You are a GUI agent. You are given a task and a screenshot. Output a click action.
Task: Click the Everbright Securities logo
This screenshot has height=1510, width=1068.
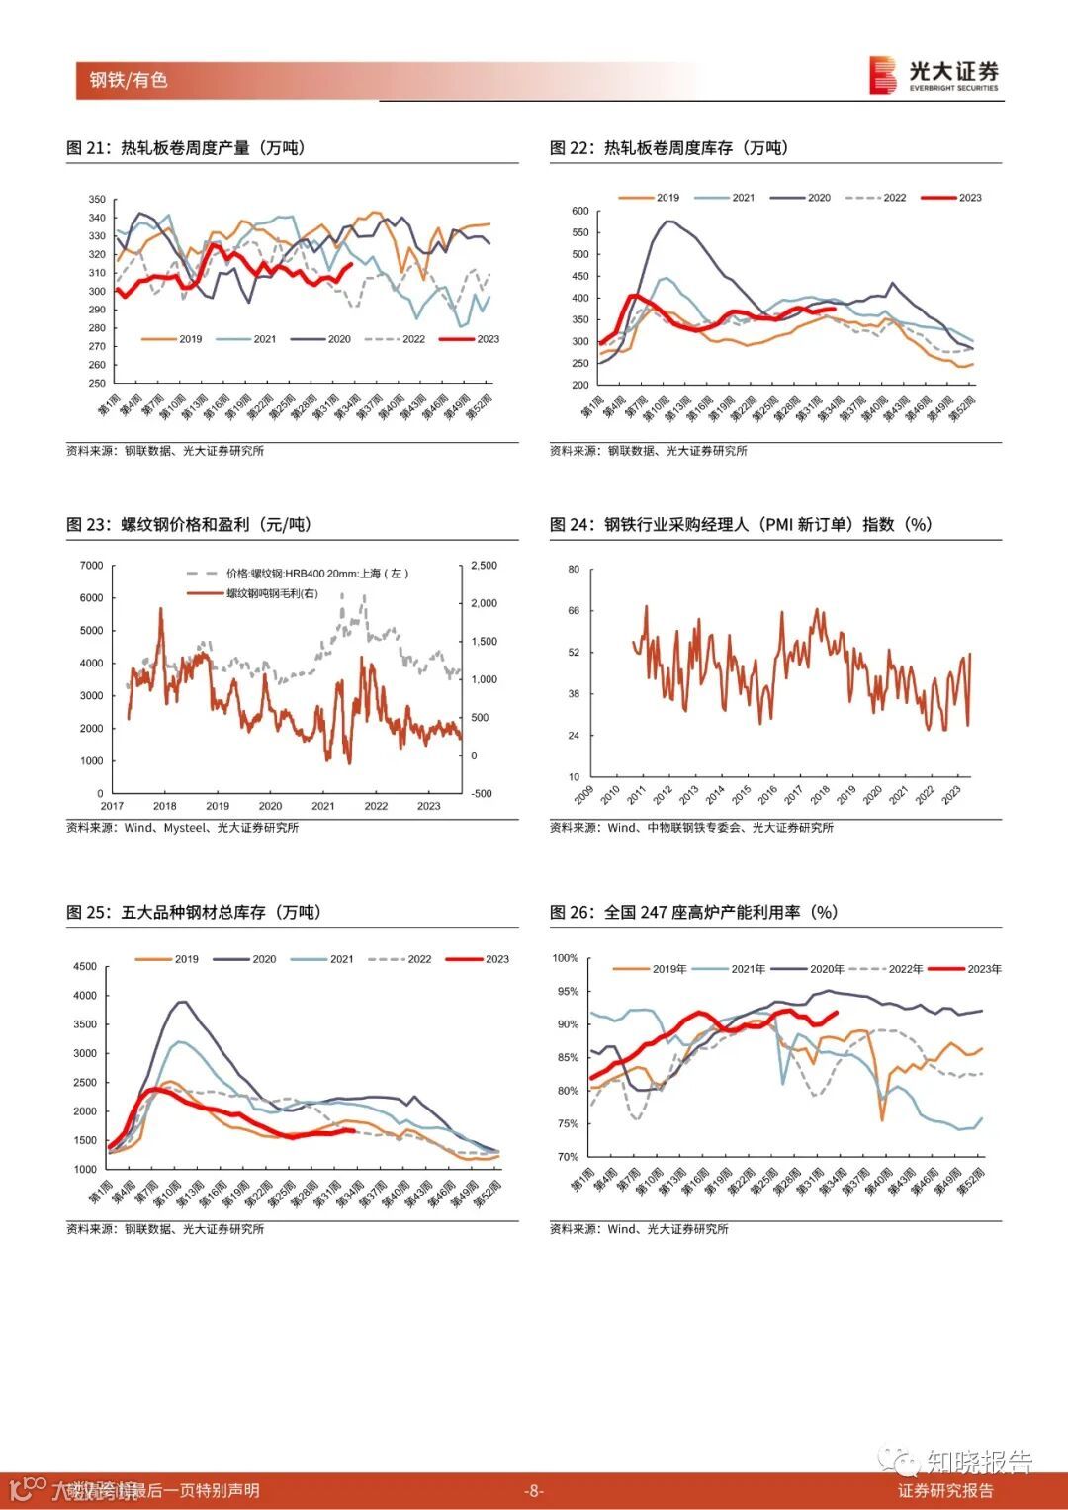[x=934, y=75]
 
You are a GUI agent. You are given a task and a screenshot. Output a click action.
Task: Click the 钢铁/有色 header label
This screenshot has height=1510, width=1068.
[x=129, y=80]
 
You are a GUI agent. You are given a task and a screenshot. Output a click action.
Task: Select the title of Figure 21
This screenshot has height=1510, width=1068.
[x=186, y=148]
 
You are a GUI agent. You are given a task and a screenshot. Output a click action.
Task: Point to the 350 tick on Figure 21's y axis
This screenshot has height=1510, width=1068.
[x=97, y=200]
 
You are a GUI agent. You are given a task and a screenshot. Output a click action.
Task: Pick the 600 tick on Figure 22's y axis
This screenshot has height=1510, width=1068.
[x=579, y=212]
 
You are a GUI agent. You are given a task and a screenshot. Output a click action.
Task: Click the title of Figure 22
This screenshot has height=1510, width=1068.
[x=668, y=148]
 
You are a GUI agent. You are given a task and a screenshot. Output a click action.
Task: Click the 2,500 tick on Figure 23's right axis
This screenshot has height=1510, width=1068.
[x=484, y=566]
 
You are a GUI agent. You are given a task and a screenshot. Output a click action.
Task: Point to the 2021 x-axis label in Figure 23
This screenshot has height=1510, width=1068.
[x=323, y=806]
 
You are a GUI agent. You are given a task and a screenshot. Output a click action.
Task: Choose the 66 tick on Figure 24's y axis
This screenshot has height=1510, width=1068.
[x=574, y=611]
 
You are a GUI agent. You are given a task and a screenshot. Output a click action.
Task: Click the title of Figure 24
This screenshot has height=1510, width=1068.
[x=741, y=525]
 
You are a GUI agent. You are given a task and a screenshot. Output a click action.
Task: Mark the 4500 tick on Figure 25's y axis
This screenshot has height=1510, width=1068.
[x=85, y=967]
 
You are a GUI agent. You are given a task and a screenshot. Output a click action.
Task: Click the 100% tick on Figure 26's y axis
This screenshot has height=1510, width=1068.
[x=565, y=958]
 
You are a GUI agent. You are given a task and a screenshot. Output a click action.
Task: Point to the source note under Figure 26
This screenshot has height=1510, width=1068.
[x=639, y=1229]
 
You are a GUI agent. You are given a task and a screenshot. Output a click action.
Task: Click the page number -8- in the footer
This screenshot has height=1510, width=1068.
[x=534, y=1491]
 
